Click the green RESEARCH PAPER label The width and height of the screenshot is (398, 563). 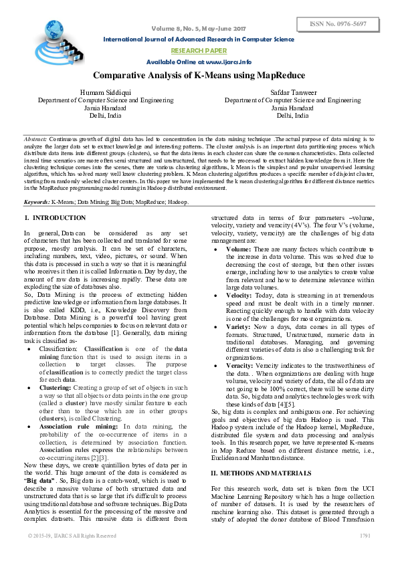point(199,50)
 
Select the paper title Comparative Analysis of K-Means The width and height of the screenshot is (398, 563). point(199,76)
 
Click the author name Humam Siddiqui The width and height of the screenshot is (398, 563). point(105,92)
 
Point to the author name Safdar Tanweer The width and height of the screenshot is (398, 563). point(292,92)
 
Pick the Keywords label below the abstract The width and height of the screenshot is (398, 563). point(38,201)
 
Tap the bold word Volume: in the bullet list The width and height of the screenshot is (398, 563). point(239,249)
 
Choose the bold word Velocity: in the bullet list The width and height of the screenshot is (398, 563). point(239,294)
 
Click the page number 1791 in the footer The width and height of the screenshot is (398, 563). point(365,536)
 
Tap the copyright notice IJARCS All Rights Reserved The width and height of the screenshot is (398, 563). point(72,536)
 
